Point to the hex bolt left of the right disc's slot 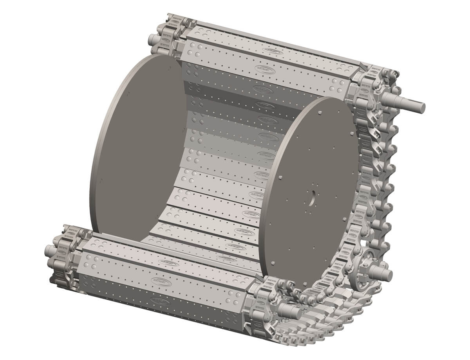coord(280,178)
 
